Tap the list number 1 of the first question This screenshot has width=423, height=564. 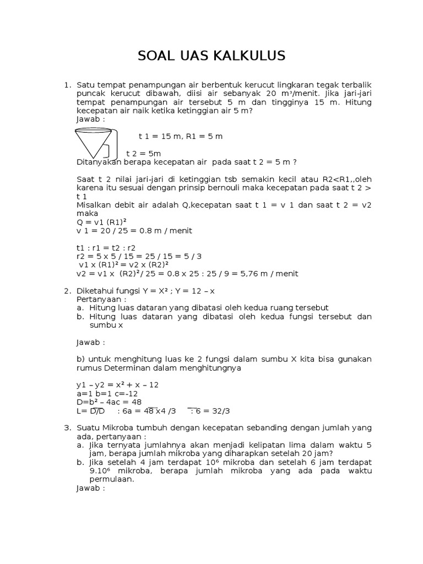(x=67, y=85)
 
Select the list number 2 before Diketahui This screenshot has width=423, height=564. (x=67, y=290)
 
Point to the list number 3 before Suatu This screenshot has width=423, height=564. (x=67, y=427)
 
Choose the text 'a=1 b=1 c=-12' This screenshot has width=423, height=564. (x=107, y=393)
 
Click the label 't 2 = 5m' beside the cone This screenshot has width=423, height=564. (x=143, y=153)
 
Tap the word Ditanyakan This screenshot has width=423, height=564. (x=99, y=162)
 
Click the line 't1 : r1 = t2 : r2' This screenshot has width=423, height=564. (x=106, y=247)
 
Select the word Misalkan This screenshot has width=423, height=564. (x=93, y=205)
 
